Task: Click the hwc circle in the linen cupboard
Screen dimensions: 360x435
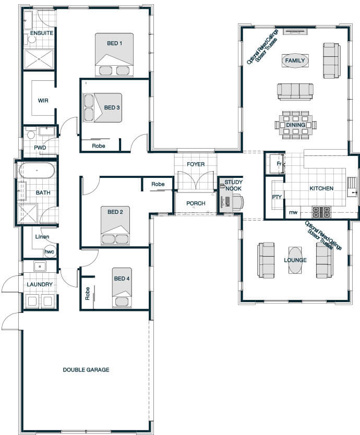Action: (50, 251)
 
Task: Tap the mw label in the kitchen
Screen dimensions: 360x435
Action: (293, 212)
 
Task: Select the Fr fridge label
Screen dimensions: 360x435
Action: (279, 164)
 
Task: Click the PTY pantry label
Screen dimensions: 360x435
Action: (277, 197)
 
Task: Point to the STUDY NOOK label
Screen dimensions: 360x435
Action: (233, 185)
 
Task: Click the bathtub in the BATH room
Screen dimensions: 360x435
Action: (37, 171)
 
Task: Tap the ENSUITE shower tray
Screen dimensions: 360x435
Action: (39, 59)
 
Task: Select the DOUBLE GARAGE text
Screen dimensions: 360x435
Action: (86, 369)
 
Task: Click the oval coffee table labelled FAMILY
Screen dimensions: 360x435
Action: (295, 61)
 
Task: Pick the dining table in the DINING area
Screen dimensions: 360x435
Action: (296, 125)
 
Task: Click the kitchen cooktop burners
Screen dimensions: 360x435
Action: (322, 212)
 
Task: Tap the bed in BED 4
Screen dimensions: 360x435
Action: (122, 288)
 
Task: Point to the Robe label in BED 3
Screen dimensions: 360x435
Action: (99, 146)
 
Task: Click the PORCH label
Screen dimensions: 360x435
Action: (196, 203)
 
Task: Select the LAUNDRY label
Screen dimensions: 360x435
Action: (40, 284)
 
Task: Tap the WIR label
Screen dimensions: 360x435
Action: (43, 101)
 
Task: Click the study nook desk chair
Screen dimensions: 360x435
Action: (238, 201)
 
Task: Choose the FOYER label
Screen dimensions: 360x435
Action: (196, 164)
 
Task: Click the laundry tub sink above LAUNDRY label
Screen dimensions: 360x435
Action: (40, 267)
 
